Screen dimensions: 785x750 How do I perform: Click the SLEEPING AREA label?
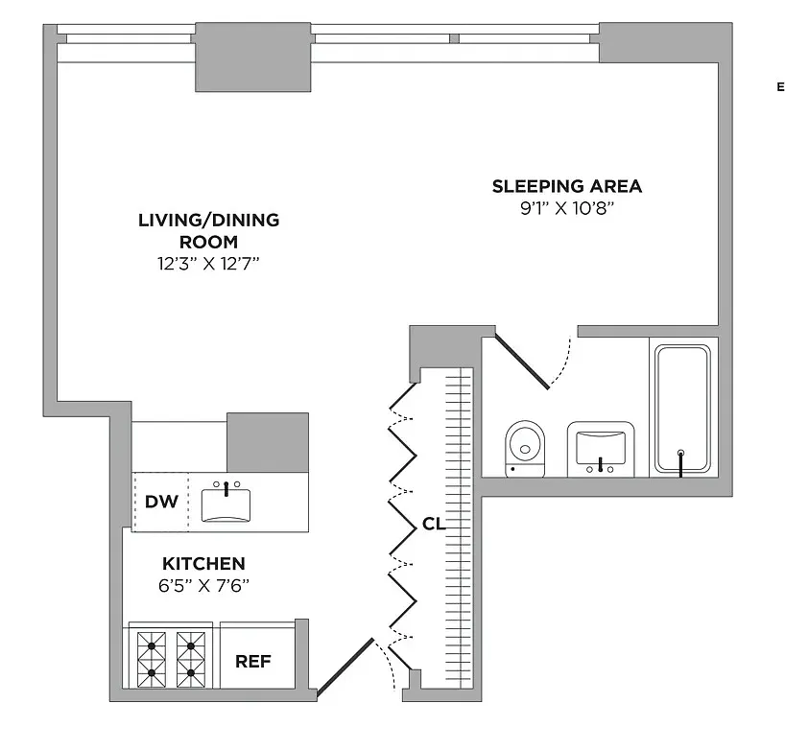567,186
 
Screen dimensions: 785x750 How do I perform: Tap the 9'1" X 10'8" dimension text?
567,207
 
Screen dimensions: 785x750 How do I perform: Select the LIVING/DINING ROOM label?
209,230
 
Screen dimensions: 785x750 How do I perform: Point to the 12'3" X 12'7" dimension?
209,263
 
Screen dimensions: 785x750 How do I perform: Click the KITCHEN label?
203,563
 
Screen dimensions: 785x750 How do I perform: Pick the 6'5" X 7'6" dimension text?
203,585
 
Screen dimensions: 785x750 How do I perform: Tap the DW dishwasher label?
161,502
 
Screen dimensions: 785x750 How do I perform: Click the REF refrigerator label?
253,662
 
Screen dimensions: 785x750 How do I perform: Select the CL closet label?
434,524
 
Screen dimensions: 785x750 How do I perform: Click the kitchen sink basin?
226,505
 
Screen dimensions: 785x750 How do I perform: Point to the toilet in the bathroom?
525,449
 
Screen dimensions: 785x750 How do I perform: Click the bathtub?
683,409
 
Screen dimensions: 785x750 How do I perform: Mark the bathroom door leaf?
522,362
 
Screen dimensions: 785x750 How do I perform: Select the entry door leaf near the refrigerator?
345,667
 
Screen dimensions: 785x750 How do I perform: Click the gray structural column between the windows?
252,57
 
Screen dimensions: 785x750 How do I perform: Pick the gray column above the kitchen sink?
268,442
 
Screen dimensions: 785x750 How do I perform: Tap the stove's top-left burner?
152,645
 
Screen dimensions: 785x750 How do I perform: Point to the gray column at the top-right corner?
666,42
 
